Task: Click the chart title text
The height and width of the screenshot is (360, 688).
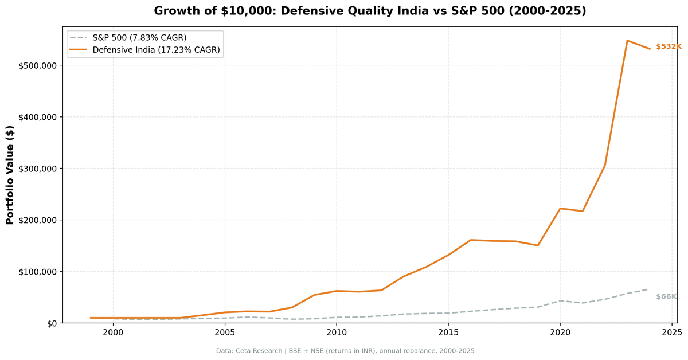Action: coord(370,11)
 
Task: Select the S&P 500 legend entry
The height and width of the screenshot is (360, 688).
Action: coord(139,38)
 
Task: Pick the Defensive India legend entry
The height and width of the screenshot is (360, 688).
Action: coord(156,50)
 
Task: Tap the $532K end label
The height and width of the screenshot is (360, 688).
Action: coord(668,46)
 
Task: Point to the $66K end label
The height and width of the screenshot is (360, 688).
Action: coord(666,296)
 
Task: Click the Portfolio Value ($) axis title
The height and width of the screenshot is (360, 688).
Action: coord(10,175)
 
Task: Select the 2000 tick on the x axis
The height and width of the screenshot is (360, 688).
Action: coord(113,332)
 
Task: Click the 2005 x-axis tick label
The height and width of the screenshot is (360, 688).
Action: coord(225,332)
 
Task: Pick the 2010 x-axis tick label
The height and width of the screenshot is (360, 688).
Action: coord(337,332)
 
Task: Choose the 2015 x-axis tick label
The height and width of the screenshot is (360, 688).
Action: coord(448,332)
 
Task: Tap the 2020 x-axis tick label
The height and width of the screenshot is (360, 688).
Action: coord(560,332)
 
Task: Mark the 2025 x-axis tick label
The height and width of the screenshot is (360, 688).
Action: coord(672,332)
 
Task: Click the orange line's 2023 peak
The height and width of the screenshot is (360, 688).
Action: coord(627,41)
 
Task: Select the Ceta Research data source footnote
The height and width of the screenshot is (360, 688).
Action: coord(345,351)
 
